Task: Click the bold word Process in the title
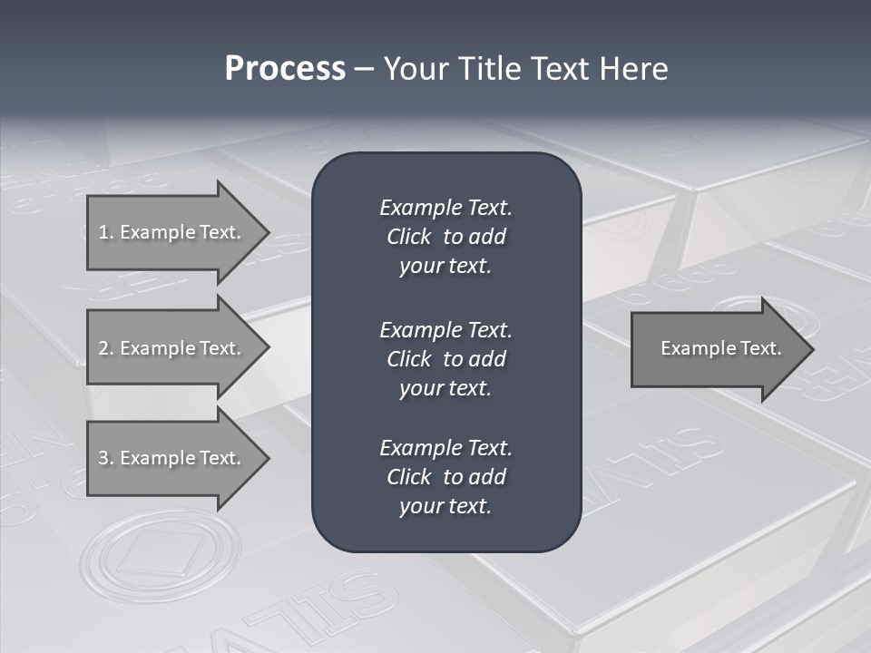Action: (x=285, y=69)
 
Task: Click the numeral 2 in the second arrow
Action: (x=103, y=348)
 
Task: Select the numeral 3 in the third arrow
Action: (x=103, y=458)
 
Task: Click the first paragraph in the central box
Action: (x=445, y=237)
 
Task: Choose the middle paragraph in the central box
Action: (x=445, y=359)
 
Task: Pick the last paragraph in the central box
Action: (x=445, y=477)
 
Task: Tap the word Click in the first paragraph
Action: (x=409, y=237)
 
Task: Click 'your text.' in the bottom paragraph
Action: (x=445, y=506)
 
